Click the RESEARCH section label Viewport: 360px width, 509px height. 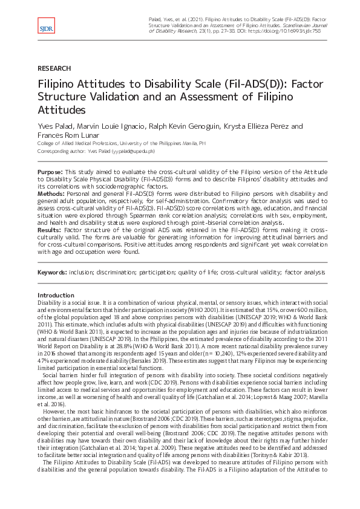[x=54, y=69]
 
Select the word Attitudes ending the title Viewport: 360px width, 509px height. [x=61, y=111]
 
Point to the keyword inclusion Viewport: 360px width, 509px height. [x=85, y=273]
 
